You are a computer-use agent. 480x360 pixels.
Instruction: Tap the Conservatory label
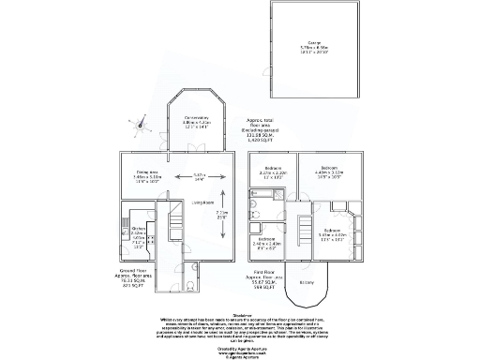(196, 119)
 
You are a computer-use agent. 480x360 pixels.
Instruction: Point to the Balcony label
(306, 280)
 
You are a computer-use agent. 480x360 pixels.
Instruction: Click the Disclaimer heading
(240, 315)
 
